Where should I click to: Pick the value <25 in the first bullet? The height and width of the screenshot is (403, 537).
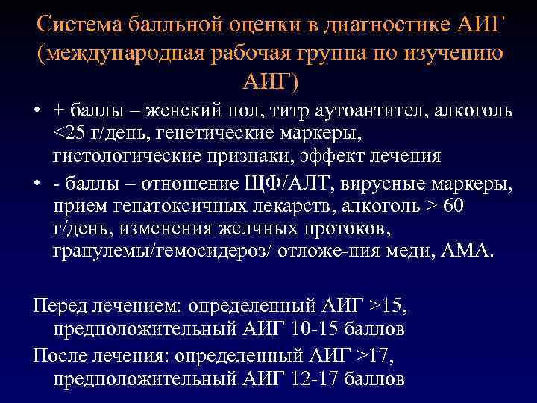[68, 135]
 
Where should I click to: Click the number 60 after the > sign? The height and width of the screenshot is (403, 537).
[453, 205]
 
